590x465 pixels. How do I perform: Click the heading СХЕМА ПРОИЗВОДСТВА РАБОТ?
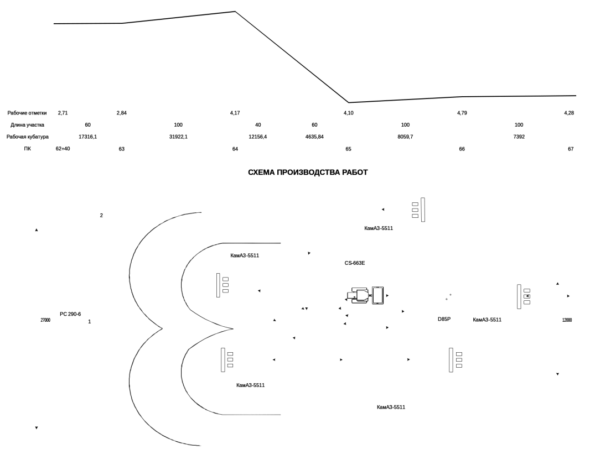(308, 173)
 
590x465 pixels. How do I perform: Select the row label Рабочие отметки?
(27, 113)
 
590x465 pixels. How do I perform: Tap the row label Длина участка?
(27, 125)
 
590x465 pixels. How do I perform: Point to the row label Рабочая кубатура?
(28, 137)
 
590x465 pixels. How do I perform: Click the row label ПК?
(28, 149)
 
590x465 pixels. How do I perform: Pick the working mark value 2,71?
(63, 113)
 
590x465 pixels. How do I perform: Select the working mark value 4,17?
(235, 113)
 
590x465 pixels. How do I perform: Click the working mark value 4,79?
(462, 113)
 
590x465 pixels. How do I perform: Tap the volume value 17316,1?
(87, 137)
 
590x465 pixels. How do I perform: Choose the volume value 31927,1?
(178, 137)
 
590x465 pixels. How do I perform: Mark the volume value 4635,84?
(314, 137)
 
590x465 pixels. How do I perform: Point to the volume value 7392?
(519, 137)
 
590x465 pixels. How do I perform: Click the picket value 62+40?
(63, 149)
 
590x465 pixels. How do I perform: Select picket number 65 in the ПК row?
(348, 149)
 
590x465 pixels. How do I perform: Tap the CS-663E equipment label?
(355, 263)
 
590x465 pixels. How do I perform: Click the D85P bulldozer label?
(444, 319)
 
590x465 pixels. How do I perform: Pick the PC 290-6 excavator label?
(70, 314)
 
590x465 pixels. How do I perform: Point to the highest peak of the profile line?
(235, 12)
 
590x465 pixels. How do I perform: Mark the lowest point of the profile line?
(348, 102)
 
